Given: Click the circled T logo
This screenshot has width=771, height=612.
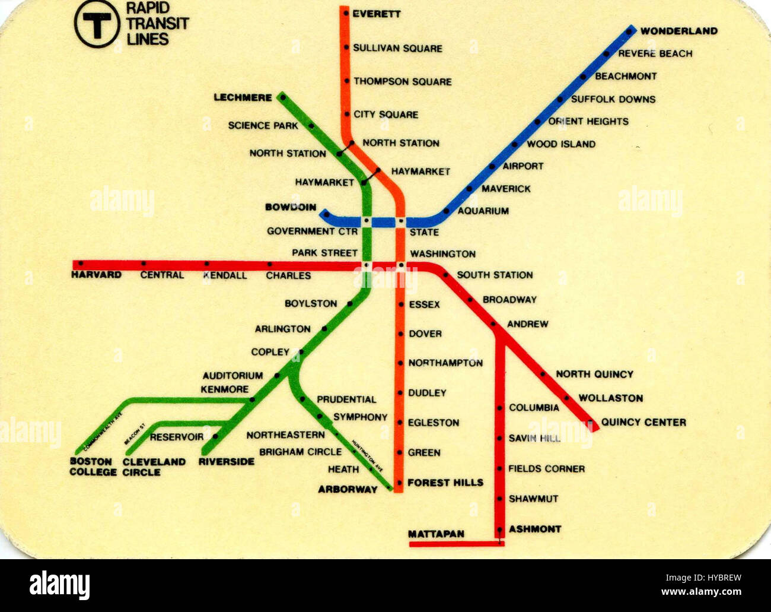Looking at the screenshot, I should pyautogui.click(x=97, y=24).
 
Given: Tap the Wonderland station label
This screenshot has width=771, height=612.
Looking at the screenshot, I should pyautogui.click(x=678, y=31).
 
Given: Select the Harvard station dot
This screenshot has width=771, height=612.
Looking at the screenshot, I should pyautogui.click(x=81, y=263).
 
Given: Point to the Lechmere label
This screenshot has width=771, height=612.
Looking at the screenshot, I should pyautogui.click(x=243, y=97).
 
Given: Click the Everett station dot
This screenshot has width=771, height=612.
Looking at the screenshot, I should pyautogui.click(x=346, y=14).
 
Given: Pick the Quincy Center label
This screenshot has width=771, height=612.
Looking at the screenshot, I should pyautogui.click(x=643, y=422).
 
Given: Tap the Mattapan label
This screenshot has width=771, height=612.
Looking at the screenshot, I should pyautogui.click(x=436, y=534).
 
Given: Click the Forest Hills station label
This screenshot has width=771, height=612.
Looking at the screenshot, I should pyautogui.click(x=445, y=483).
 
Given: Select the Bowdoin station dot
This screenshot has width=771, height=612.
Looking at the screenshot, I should pyautogui.click(x=326, y=214).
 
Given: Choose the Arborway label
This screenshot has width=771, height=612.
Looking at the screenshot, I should pyautogui.click(x=348, y=489).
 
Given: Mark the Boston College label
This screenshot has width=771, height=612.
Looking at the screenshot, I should pyautogui.click(x=93, y=467).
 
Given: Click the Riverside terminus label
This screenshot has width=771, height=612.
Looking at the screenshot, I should pyautogui.click(x=226, y=461).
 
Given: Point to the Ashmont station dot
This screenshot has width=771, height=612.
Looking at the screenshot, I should pyautogui.click(x=500, y=529).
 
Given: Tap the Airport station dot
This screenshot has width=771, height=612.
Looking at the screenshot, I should pyautogui.click(x=492, y=167).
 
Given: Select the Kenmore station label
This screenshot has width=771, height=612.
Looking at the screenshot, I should pyautogui.click(x=225, y=389).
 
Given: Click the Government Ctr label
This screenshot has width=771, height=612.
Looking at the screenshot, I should pyautogui.click(x=312, y=231).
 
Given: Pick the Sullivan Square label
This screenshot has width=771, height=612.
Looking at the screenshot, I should pyautogui.click(x=397, y=48).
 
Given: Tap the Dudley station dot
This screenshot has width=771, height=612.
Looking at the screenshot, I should pyautogui.click(x=401, y=393).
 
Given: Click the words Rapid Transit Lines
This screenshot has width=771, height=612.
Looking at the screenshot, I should pyautogui.click(x=157, y=24).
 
